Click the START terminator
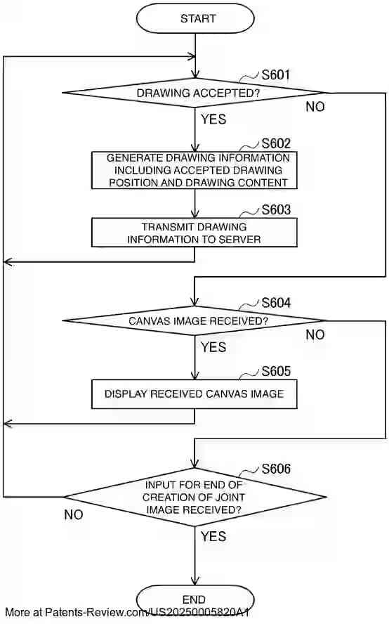coord(194,19)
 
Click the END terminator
coord(194,599)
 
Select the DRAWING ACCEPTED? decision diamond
coord(194,92)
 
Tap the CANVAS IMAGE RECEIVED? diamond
coord(194,320)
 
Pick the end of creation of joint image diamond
coord(194,497)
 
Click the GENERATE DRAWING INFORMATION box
coord(194,170)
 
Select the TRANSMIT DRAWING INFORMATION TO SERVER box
coord(194,233)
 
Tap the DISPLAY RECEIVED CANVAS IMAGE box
coord(194,394)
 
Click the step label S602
coord(276,143)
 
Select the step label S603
coord(276,209)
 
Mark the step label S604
coord(276,303)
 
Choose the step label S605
coord(276,370)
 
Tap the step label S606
coord(276,468)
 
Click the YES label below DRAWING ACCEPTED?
coord(213,119)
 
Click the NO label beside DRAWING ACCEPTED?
coord(315,107)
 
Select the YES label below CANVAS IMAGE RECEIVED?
coord(213,347)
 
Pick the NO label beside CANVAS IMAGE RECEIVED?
coord(315,335)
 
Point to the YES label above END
coord(213,536)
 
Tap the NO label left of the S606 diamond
coord(74,514)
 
